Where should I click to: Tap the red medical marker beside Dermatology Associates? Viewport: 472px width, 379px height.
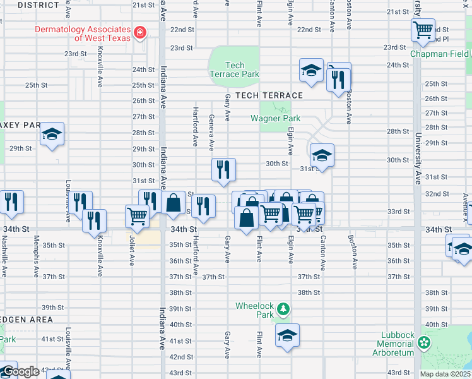(140, 33)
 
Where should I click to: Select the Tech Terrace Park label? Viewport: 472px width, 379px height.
(234, 69)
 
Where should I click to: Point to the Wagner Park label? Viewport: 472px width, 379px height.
(275, 118)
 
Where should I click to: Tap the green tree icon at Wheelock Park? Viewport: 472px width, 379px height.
(284, 309)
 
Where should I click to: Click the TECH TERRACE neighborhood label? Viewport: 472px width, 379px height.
(269, 95)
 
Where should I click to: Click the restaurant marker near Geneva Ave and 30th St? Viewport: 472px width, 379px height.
(223, 169)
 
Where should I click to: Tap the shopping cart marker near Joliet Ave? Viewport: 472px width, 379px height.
(137, 215)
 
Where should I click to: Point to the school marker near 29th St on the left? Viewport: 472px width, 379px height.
(52, 134)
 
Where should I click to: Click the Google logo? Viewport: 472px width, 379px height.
(20, 371)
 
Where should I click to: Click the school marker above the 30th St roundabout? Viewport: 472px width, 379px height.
(322, 155)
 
